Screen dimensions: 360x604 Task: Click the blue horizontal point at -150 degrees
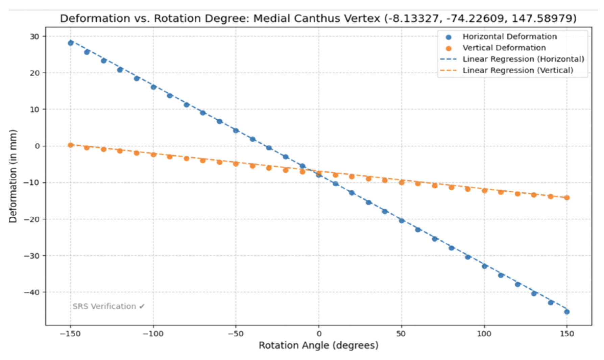[x=70, y=43]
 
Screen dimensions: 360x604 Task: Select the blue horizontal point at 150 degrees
[x=567, y=312]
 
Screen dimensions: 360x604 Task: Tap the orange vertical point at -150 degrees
[x=70, y=145]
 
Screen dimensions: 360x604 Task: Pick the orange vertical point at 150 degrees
[x=567, y=198]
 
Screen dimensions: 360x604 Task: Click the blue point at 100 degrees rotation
[x=484, y=266]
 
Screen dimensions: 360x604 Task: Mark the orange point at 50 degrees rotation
[x=402, y=183]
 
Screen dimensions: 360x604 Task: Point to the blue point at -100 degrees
[x=153, y=87]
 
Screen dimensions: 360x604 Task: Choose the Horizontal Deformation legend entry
[x=509, y=37]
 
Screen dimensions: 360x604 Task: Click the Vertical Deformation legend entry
[x=504, y=48]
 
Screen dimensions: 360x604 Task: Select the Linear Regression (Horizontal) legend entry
[x=523, y=59]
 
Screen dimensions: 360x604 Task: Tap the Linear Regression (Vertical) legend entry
[x=517, y=70]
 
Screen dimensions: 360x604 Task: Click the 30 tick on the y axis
[x=34, y=37]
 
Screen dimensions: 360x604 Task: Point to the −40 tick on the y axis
[x=32, y=292]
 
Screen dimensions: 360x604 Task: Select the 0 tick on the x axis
[x=319, y=334]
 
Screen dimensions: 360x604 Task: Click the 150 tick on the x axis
[x=567, y=334]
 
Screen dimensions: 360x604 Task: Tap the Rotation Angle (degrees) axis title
[x=318, y=345]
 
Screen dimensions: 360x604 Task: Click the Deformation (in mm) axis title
[x=13, y=176]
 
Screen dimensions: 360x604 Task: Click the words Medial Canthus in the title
[x=294, y=18]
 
